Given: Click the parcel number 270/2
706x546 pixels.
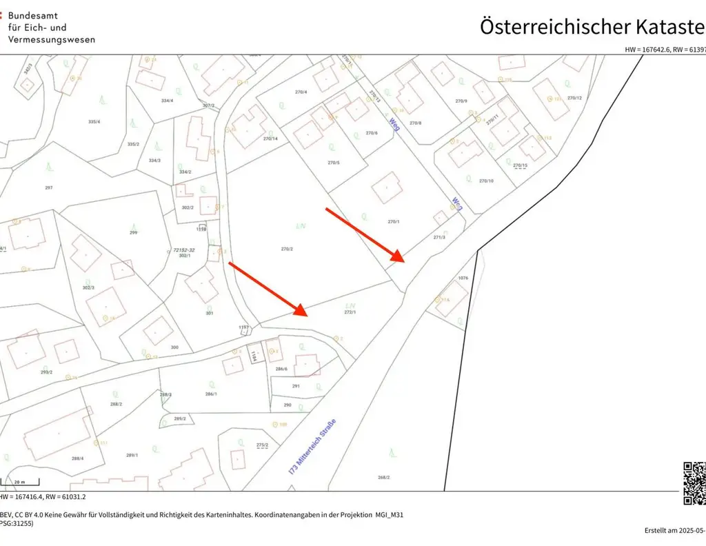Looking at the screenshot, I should [288, 249].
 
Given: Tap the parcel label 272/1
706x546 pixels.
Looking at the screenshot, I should [350, 312].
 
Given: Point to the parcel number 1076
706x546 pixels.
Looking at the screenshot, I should [463, 279].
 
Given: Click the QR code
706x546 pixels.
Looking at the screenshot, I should [694, 483].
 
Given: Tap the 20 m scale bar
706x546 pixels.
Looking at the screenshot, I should [19, 482].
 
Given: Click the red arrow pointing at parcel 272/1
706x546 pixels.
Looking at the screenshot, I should [268, 288].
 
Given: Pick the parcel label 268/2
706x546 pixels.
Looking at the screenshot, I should [384, 477].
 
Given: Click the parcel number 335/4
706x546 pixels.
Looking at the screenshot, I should [94, 122].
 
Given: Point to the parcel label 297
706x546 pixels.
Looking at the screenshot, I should [48, 188].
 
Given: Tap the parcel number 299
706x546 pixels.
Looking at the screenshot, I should [133, 232].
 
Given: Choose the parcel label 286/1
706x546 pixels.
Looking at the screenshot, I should [211, 394].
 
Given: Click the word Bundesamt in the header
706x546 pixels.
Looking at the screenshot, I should [32, 15].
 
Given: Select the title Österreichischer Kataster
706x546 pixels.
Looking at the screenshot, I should [592, 27].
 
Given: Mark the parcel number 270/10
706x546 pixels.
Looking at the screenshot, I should [486, 181].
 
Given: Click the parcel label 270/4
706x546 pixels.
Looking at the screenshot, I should [301, 92].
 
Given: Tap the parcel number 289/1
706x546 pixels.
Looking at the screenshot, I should [132, 455].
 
